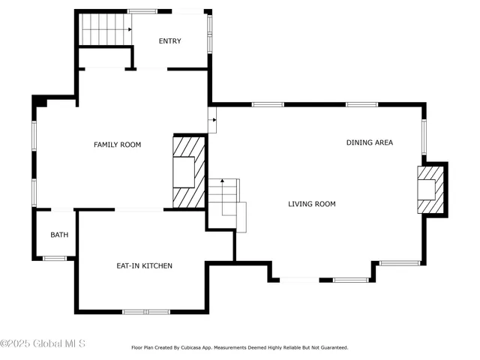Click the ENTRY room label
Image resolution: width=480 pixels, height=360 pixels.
[169, 41]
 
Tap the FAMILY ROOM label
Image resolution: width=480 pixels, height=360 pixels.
[117, 145]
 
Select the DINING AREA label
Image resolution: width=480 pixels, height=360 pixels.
[369, 142]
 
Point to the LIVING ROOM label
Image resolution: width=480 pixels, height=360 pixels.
[312, 204]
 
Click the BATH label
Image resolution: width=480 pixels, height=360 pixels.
[59, 235]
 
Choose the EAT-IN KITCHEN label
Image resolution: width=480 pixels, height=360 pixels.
[144, 266]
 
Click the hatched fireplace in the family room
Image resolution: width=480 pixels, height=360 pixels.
[190, 172]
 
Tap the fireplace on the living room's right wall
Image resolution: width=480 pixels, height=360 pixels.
[430, 189]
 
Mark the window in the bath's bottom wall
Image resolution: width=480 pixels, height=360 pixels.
[54, 259]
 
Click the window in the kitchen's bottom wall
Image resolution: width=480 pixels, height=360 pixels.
[146, 311]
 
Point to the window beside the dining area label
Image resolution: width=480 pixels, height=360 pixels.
[424, 137]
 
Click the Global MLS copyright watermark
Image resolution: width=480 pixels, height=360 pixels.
[43, 343]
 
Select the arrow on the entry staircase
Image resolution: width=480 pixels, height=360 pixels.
[129, 28]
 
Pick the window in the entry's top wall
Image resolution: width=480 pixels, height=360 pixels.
[142, 11]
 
